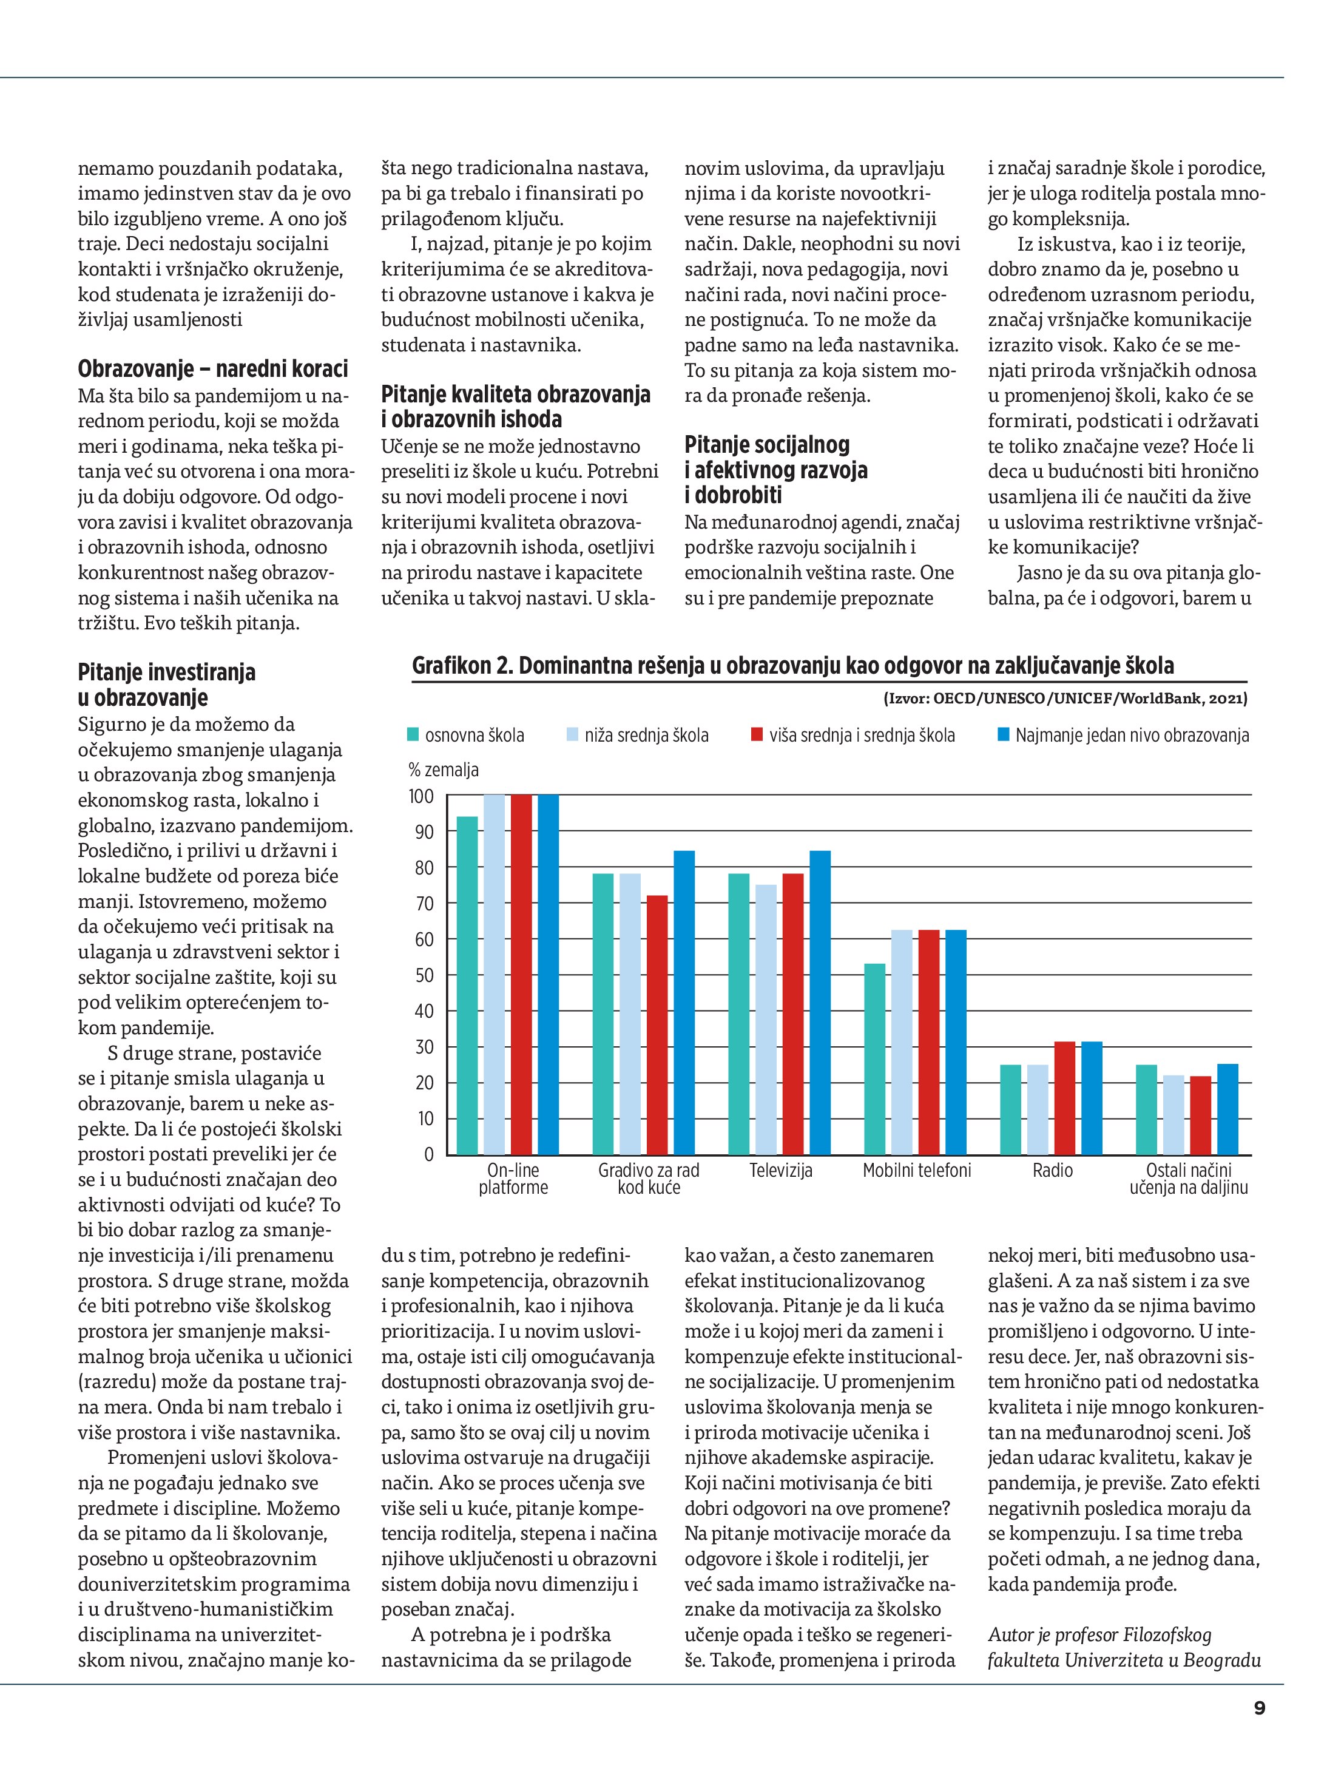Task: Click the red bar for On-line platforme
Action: click(x=521, y=975)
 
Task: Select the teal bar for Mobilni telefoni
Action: click(x=875, y=1058)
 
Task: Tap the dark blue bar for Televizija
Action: click(x=820, y=1003)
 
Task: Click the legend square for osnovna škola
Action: click(x=414, y=734)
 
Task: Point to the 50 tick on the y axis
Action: click(x=424, y=975)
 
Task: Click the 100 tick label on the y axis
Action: click(x=421, y=796)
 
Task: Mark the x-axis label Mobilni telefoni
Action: click(x=917, y=1171)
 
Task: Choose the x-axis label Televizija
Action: click(x=781, y=1171)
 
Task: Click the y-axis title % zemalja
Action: click(x=444, y=770)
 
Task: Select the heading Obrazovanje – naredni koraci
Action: click(x=212, y=369)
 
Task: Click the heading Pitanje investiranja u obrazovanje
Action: click(x=167, y=684)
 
